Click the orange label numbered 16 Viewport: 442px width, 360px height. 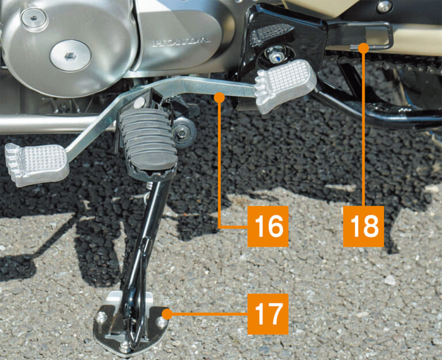pos(268,226)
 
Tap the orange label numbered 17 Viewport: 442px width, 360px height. pos(268,314)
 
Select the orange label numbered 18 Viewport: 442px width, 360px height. pos(363,226)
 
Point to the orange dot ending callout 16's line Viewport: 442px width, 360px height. pos(219,98)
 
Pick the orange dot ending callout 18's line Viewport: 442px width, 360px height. pos(363,48)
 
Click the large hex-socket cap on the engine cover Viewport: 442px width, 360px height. pos(71,55)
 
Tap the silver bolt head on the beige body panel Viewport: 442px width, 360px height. pos(384,6)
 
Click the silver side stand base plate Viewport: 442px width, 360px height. pos(129,325)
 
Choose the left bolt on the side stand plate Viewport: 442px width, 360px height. pos(101,317)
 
